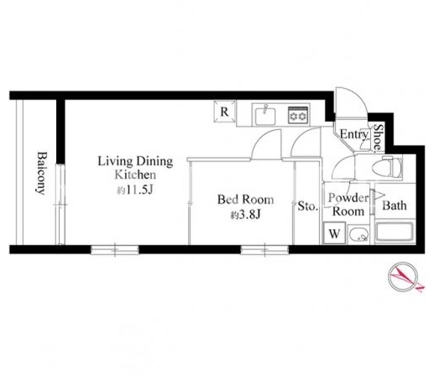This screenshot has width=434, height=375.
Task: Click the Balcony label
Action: (x=41, y=173)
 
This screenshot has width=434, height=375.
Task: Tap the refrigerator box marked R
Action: (x=224, y=112)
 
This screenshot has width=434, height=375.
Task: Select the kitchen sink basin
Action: (x=265, y=116)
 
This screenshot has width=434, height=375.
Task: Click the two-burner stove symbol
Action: (x=298, y=115)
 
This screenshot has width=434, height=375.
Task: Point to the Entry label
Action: (x=353, y=135)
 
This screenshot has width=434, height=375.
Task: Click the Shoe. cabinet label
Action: (x=378, y=138)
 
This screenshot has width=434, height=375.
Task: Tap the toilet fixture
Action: (x=387, y=167)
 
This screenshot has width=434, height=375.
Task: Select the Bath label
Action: (x=395, y=206)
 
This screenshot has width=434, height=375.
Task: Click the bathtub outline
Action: (x=395, y=232)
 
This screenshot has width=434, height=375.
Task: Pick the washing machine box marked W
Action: (x=334, y=233)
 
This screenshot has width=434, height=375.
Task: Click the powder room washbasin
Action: (x=358, y=234)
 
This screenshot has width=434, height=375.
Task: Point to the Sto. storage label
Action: (x=307, y=206)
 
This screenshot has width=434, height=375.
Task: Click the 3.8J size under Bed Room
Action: (x=245, y=215)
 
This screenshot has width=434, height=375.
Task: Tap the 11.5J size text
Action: (x=134, y=190)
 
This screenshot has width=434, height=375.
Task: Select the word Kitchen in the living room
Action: (x=135, y=175)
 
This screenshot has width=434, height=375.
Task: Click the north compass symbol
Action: (x=404, y=277)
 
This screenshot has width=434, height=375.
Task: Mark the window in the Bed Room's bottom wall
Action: (x=264, y=250)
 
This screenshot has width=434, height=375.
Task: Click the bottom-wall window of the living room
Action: (x=115, y=250)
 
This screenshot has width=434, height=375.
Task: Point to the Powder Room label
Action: (x=348, y=205)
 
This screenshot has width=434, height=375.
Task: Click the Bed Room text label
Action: (x=245, y=200)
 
